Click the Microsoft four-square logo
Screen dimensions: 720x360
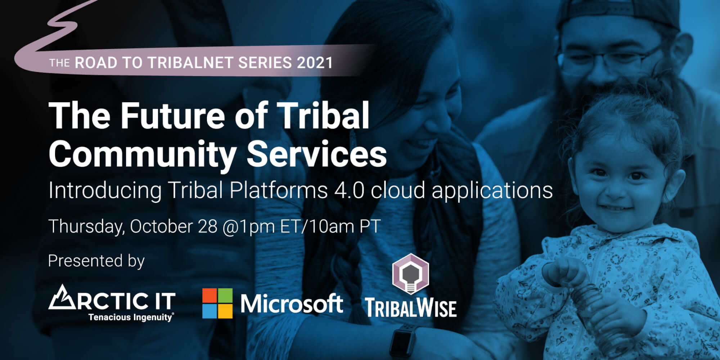217,303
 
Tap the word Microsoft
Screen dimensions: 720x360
292,303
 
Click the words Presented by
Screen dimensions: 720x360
96,261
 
